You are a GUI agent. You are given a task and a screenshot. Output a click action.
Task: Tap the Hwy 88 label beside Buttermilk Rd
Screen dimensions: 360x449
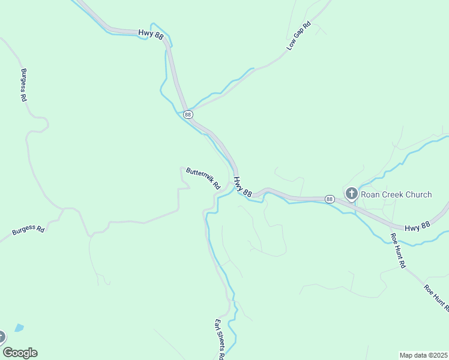pos(242,185)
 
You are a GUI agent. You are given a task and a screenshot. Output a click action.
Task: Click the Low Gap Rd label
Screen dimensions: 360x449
pos(298,36)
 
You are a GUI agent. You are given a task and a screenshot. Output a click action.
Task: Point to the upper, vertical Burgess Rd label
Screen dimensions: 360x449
pos(25,85)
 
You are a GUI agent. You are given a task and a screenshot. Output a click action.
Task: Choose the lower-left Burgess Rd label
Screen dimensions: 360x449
pos(28,230)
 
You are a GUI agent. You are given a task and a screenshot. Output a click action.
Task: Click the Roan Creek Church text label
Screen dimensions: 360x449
pos(397,194)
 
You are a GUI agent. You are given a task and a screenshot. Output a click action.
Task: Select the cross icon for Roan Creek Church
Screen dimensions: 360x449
pos(352,194)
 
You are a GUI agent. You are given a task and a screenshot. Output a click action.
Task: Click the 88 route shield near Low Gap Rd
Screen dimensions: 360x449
pos(188,114)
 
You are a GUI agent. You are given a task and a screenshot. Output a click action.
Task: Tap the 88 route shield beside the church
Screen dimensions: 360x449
pos(330,199)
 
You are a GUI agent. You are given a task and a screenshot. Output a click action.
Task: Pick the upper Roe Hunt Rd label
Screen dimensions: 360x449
pos(398,250)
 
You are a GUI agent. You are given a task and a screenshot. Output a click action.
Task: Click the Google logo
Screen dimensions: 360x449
pos(20,353)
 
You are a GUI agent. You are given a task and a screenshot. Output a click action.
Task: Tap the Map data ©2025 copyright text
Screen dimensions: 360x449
pos(423,355)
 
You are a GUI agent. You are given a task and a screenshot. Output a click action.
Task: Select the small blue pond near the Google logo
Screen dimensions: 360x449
pos(19,328)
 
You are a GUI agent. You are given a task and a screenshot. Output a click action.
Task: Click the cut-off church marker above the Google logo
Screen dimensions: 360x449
pos(2,337)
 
